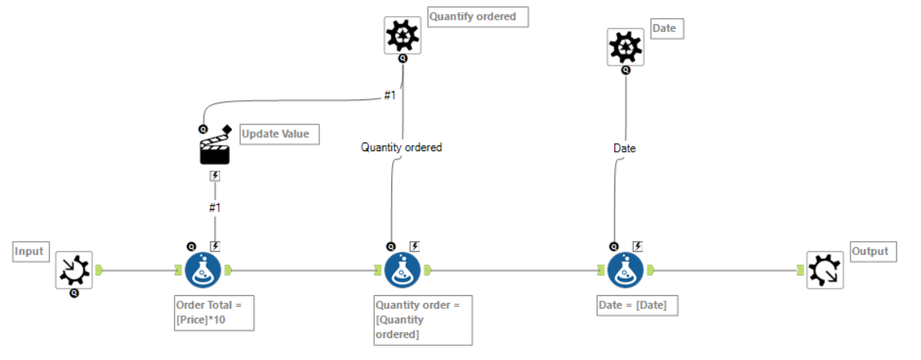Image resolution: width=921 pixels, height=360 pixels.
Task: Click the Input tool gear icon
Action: tap(74, 270)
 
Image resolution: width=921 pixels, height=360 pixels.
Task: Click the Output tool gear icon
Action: tap(825, 270)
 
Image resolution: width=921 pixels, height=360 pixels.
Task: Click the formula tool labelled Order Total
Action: tap(203, 270)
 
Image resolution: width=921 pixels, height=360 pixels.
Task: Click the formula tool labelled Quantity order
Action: tap(403, 270)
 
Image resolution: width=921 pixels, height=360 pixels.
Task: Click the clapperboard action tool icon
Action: tap(214, 148)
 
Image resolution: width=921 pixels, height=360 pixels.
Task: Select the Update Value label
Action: tap(275, 134)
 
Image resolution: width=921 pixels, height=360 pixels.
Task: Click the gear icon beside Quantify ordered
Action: tap(402, 35)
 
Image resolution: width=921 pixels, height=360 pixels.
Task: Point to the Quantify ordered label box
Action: tap(477, 16)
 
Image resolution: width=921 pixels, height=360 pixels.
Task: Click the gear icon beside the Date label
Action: tap(625, 47)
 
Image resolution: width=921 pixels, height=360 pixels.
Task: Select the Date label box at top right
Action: tap(667, 29)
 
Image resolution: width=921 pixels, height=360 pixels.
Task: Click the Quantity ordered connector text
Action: tap(401, 147)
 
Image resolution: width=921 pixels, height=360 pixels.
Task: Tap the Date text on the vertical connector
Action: tap(624, 148)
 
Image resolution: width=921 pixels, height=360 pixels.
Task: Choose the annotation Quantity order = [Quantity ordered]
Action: tap(423, 320)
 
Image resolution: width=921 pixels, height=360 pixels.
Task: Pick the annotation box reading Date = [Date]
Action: tap(637, 305)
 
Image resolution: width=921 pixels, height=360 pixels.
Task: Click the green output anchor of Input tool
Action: tap(99, 270)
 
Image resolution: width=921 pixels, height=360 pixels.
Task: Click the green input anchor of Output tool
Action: tap(800, 270)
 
